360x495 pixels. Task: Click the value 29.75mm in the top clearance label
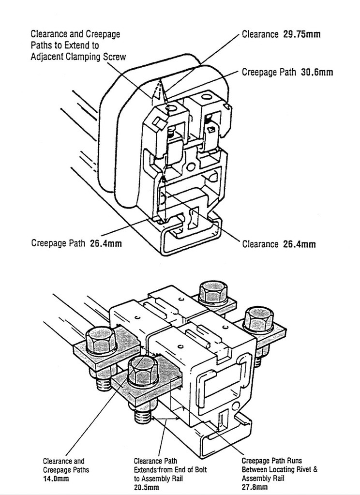(x=301, y=34)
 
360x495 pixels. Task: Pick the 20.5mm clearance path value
(x=147, y=487)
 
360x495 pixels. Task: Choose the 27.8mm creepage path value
(x=255, y=487)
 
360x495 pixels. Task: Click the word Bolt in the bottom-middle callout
(x=199, y=470)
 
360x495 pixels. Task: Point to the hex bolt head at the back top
(x=213, y=291)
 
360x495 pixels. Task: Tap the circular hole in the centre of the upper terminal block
(x=191, y=166)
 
